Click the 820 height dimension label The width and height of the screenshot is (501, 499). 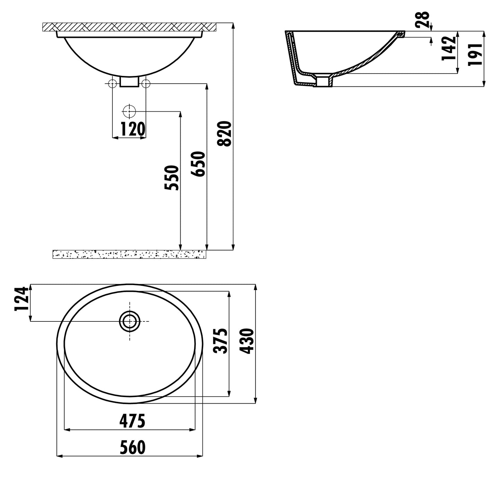coord(224,134)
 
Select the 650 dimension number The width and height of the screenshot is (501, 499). coord(198,164)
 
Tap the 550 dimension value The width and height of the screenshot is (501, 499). coord(172,178)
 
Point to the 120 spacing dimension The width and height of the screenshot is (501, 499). coord(132,129)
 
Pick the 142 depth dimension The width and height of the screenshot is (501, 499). coord(449,48)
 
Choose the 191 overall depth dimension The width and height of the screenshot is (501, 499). coord(475,55)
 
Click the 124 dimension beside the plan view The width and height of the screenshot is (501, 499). coord(21,299)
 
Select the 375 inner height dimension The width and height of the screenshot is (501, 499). coord(220,341)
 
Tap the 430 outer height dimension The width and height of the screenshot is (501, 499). coord(247,341)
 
